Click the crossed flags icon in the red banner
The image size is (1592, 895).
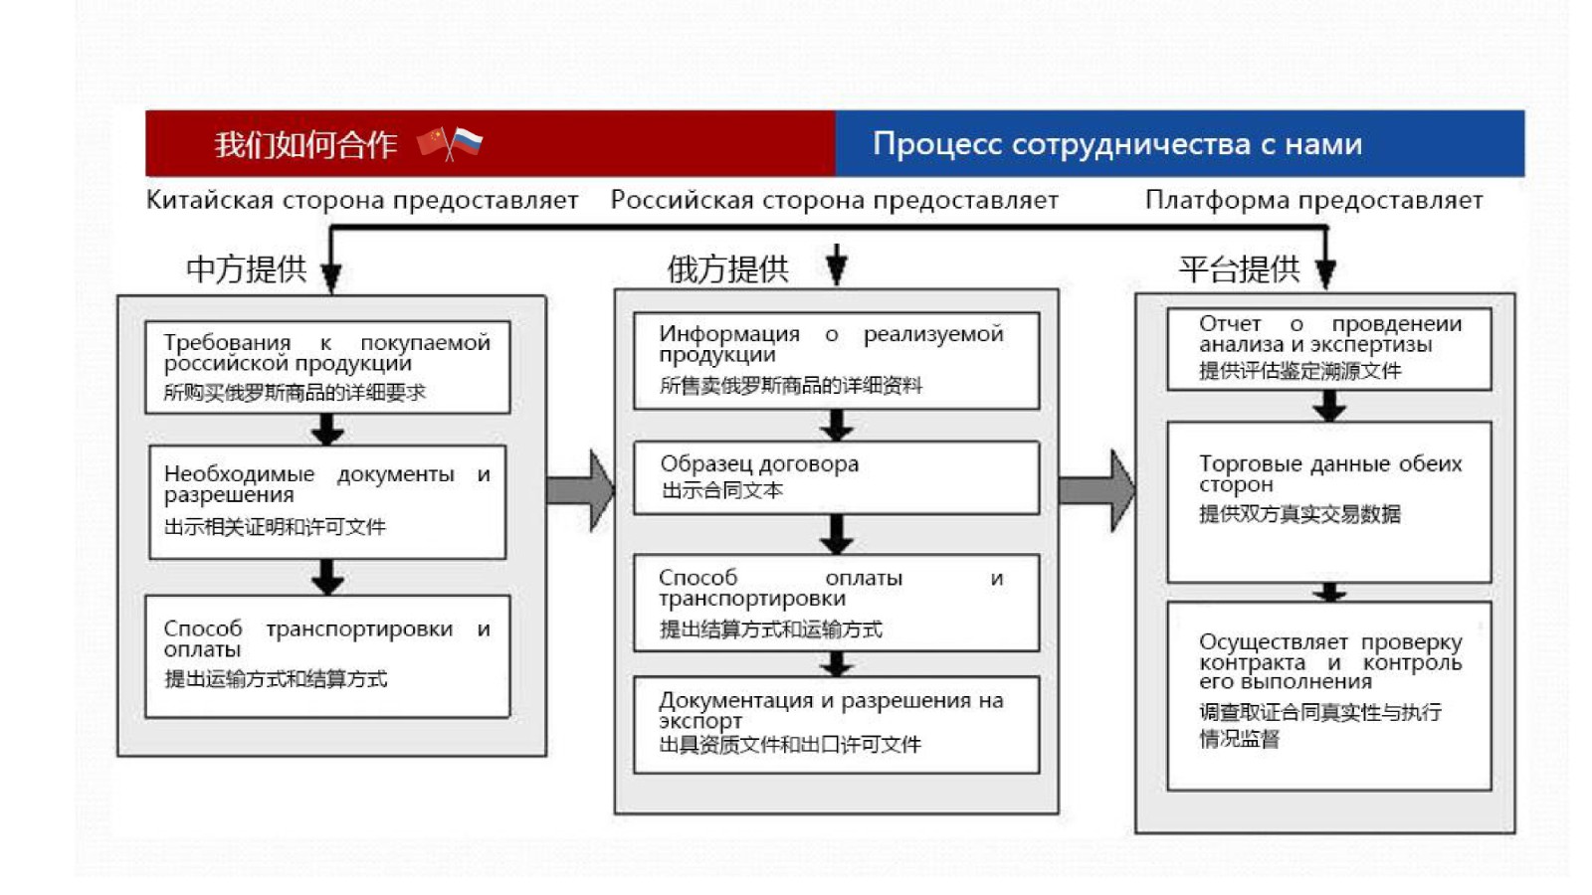coord(450,143)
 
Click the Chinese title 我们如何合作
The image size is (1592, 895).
coord(305,145)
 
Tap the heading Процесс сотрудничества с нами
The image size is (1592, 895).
coord(1116,144)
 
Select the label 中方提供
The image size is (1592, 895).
coord(246,268)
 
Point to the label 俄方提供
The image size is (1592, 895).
coord(727,268)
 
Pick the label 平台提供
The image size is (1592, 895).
coord(1239,268)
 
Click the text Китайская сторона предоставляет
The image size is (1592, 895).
coord(362,200)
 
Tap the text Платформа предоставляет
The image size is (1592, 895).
coord(1313,200)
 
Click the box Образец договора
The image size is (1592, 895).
coord(836,477)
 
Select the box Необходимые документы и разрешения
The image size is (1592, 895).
coord(327,501)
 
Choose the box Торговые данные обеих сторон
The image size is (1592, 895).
coord(1328,501)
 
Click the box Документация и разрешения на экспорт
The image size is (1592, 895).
coord(836,724)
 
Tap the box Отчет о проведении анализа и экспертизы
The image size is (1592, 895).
coord(1328,348)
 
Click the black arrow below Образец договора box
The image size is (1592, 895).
coord(837,534)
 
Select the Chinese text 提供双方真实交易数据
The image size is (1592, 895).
coord(1299,514)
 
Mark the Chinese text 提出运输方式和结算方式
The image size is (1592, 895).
coord(276,679)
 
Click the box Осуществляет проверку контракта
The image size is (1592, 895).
coord(1328,695)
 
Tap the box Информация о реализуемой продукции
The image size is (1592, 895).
coord(836,360)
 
